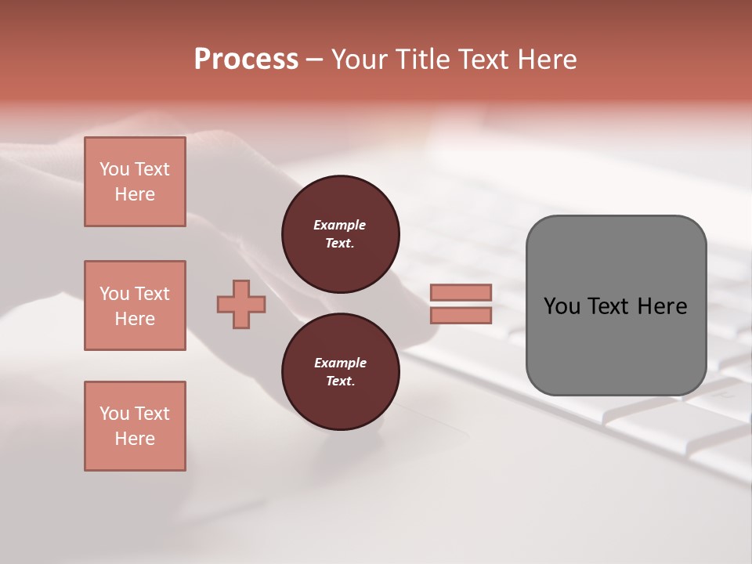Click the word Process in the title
tap(246, 60)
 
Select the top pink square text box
tap(135, 182)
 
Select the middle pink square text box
tap(135, 305)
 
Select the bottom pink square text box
tap(135, 426)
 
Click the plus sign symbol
tap(241, 304)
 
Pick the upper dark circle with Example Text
tap(340, 234)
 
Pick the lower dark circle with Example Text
tap(340, 372)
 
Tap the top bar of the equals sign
tap(461, 293)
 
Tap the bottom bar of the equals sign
tap(461, 316)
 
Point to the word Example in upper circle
tap(340, 225)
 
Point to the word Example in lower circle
tap(340, 363)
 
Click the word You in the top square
tap(114, 169)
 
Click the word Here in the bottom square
tap(135, 439)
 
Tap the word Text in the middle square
tap(152, 294)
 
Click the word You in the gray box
tap(562, 306)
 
